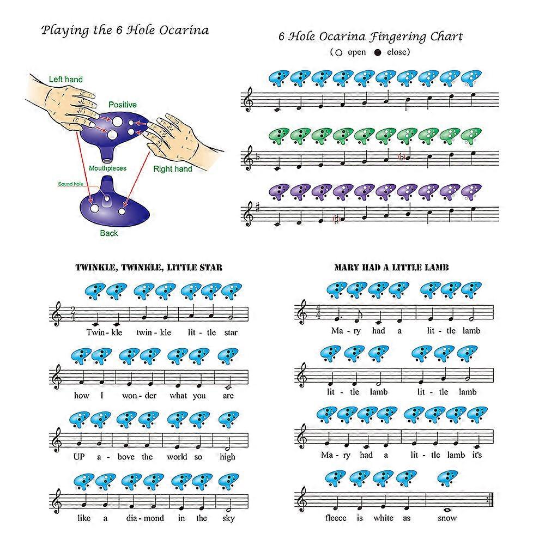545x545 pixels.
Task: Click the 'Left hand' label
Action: [x=65, y=80]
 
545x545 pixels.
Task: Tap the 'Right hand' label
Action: [x=172, y=169]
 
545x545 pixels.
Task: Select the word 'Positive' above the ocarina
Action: [x=122, y=105]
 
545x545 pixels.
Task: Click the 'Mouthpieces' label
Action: [x=107, y=168]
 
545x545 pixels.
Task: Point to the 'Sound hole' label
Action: [x=70, y=184]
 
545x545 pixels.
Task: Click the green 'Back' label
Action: [x=108, y=233]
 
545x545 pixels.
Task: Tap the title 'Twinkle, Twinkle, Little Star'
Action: [x=148, y=268]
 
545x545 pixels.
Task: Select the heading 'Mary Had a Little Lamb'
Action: [x=391, y=268]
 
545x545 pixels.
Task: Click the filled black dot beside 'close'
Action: [x=378, y=53]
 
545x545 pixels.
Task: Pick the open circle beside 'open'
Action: [x=338, y=53]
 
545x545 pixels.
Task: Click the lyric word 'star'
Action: [x=231, y=332]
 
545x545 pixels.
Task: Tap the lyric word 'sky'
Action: [x=228, y=518]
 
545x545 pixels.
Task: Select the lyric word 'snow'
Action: [x=447, y=518]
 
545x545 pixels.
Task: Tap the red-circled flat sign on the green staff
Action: [x=402, y=158]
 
